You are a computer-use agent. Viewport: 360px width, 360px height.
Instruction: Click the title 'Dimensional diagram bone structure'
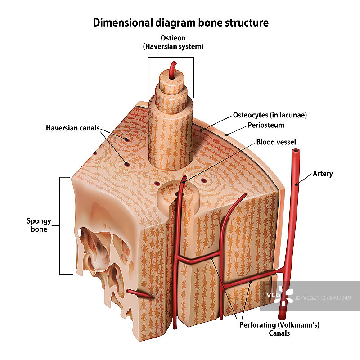pos(180,22)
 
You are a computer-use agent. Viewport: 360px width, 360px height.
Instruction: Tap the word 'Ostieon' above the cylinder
pos(173,38)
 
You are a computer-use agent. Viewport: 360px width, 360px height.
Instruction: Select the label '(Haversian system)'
pos(173,46)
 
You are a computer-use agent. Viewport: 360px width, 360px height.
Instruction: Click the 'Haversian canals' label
pos(72,128)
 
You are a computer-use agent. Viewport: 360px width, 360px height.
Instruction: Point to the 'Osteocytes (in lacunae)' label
pos(270,115)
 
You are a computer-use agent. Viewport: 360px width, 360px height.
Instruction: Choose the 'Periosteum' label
pos(266,125)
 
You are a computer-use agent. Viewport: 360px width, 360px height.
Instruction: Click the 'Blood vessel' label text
pos(276,143)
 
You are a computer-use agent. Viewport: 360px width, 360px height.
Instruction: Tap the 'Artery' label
pos(323,174)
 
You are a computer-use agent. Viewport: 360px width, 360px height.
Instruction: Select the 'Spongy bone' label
pos(39,225)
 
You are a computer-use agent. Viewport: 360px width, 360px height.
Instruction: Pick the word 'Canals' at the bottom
pos(279,333)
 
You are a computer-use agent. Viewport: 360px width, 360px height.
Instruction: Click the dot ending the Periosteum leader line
pos(227,134)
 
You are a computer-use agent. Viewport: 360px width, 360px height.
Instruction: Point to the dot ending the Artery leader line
pos(297,184)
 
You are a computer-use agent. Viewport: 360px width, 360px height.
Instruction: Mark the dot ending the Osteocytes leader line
pos(202,130)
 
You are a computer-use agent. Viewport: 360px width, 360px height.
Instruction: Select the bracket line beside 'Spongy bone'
pos(60,225)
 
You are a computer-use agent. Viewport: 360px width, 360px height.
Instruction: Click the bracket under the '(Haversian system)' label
pos(171,58)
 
